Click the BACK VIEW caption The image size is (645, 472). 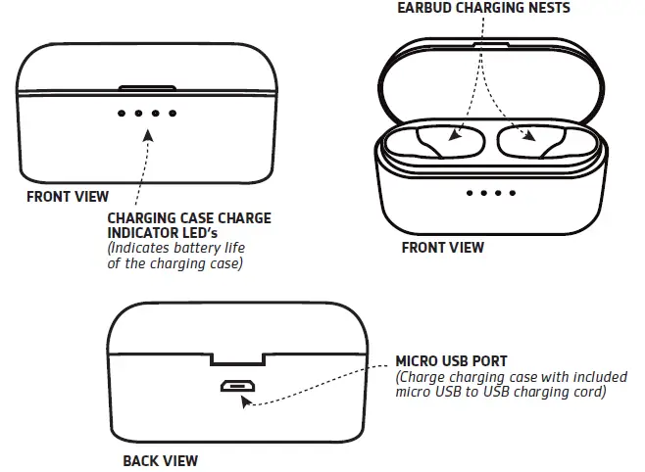point(160,459)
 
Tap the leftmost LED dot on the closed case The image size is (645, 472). point(122,114)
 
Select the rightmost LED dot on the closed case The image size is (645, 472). point(173,114)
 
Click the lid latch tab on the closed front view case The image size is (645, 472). point(147,88)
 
